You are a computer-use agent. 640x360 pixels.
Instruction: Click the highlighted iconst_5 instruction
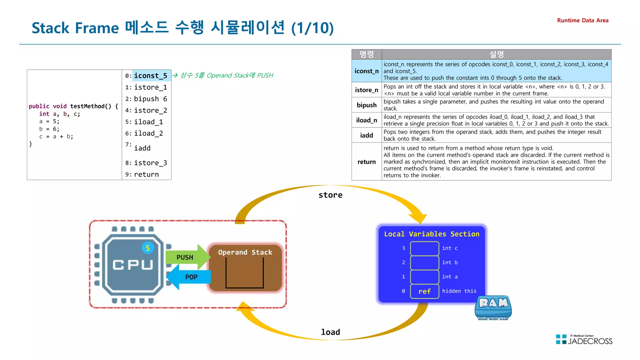(151, 76)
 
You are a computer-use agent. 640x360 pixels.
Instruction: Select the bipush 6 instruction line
(150, 99)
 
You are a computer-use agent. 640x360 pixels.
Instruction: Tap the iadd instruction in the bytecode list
(142, 148)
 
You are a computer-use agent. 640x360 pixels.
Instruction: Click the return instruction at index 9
(146, 174)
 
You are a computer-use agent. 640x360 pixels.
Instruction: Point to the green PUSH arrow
(186, 257)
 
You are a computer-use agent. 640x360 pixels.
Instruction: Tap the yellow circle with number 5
(148, 248)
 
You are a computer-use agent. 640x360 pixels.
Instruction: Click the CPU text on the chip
(133, 265)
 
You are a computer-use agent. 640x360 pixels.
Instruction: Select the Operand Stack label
(245, 252)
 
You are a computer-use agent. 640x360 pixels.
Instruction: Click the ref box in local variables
(424, 291)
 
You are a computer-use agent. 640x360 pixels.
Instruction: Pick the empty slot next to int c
(424, 248)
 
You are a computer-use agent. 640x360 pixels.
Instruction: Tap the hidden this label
(459, 291)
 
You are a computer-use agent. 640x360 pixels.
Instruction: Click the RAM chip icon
(493, 307)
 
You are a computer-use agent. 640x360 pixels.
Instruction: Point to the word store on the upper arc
(330, 195)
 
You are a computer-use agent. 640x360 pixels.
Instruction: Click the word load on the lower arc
(330, 332)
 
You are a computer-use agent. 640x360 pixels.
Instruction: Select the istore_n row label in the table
(366, 90)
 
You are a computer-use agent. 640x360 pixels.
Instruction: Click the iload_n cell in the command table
(366, 120)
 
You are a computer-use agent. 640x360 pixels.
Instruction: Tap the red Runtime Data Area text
(582, 20)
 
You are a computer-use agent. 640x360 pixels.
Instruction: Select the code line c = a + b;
(56, 137)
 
